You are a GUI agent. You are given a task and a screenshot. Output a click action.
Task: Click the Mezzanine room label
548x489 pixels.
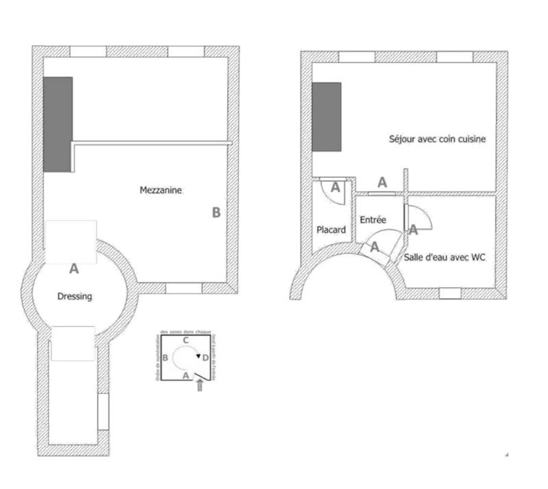pyautogui.click(x=161, y=191)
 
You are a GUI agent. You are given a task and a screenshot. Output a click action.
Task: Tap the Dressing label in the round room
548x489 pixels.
pyautogui.click(x=74, y=296)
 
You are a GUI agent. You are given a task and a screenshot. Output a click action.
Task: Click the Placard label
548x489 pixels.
pyautogui.click(x=331, y=230)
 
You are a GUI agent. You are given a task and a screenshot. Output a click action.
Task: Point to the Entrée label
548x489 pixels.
pyautogui.click(x=373, y=220)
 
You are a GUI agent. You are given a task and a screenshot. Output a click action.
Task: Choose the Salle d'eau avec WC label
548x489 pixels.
pyautogui.click(x=445, y=257)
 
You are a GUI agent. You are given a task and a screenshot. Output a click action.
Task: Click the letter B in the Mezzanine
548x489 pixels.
pyautogui.click(x=216, y=213)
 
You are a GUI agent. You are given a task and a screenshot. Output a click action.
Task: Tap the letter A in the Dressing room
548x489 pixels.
pyautogui.click(x=74, y=269)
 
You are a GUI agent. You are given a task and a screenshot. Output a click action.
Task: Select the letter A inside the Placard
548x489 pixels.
pyautogui.click(x=336, y=187)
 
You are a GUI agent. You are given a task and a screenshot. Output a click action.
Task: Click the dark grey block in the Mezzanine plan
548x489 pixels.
pyautogui.click(x=58, y=124)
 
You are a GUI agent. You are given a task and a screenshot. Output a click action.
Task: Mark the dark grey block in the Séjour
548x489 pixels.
pyautogui.click(x=326, y=117)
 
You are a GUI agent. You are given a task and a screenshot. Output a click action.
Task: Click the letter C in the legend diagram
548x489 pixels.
pyautogui.click(x=185, y=340)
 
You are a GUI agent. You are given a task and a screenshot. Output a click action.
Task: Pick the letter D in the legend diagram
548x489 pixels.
pyautogui.click(x=206, y=357)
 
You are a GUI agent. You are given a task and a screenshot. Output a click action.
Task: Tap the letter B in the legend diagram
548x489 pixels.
pyautogui.click(x=166, y=358)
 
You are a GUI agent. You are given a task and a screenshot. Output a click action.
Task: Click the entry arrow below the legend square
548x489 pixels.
pyautogui.click(x=199, y=386)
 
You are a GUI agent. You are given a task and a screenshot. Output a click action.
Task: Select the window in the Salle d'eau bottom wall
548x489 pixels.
pyautogui.click(x=450, y=294)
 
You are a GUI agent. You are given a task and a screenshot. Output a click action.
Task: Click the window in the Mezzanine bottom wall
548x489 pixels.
pyautogui.click(x=183, y=289)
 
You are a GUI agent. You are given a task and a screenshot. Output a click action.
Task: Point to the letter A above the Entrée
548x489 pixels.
pyautogui.click(x=382, y=182)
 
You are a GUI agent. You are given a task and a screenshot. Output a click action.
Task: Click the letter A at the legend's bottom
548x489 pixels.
pyautogui.click(x=185, y=375)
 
